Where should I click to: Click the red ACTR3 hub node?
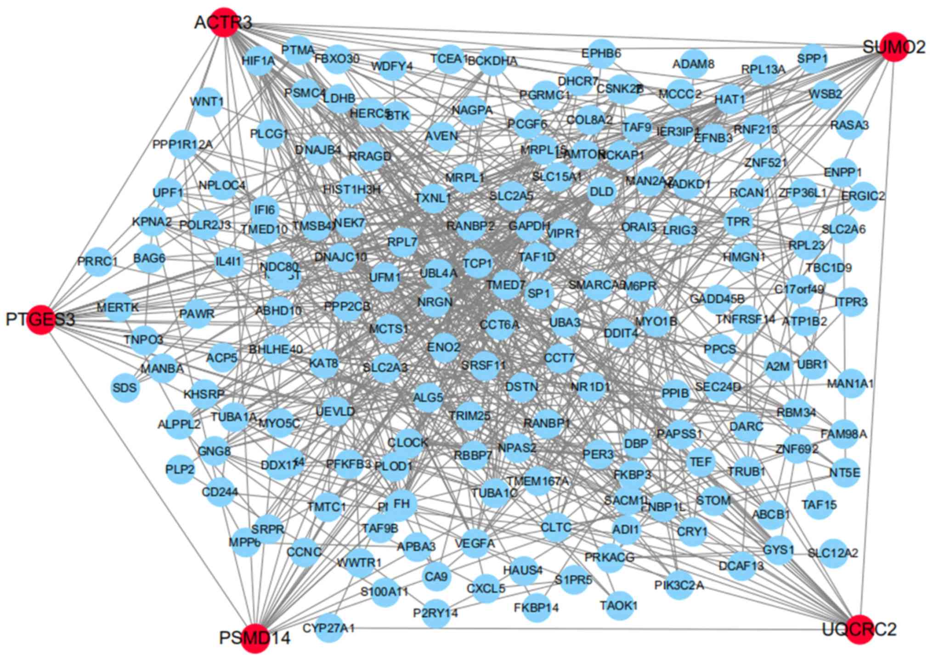(224, 22)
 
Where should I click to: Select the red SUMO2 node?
(893, 47)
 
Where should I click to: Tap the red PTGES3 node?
(41, 320)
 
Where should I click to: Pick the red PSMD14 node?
(255, 638)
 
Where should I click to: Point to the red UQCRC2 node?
(859, 629)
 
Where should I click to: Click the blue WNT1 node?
(207, 101)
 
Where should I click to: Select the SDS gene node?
(124, 388)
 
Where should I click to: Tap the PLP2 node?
(180, 470)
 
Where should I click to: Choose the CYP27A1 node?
(329, 628)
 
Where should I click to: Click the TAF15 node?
(819, 505)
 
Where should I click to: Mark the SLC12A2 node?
(832, 553)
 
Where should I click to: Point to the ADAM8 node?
(693, 64)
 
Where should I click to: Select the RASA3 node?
(849, 125)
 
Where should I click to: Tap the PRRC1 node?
(97, 262)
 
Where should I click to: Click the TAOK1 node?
(618, 605)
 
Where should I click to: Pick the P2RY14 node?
(435, 613)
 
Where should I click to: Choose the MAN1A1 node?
(850, 383)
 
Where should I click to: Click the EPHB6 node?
(601, 53)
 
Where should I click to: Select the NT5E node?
(844, 473)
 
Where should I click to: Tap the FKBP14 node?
(536, 608)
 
